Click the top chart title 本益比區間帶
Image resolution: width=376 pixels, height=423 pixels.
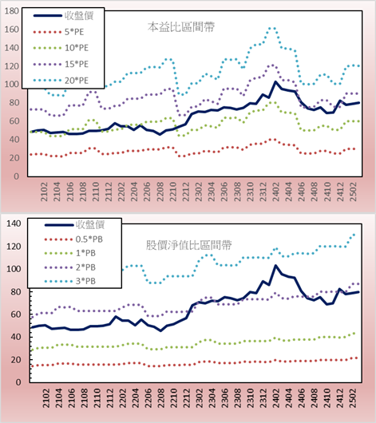(x=181, y=27)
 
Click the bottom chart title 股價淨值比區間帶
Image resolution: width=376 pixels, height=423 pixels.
(x=188, y=245)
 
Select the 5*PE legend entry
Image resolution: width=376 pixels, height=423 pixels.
(x=58, y=32)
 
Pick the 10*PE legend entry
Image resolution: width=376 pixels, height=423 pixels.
(x=61, y=48)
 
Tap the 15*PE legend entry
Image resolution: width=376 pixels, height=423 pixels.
(x=61, y=64)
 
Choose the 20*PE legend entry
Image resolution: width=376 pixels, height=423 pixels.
(x=61, y=81)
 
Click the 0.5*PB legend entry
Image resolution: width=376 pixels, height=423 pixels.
(x=73, y=239)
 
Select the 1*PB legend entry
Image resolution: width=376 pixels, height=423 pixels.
(x=70, y=253)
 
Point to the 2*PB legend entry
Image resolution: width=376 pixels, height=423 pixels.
(x=70, y=267)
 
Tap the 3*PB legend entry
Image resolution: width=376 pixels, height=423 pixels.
(x=70, y=281)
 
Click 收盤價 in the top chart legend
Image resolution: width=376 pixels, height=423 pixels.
(x=63, y=16)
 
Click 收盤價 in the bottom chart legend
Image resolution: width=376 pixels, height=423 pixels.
(x=74, y=224)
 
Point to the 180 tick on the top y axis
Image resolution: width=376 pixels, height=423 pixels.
(x=12, y=11)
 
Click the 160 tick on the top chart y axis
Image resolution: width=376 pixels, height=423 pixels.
(x=12, y=30)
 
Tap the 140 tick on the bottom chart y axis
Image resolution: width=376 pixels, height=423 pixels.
(x=14, y=223)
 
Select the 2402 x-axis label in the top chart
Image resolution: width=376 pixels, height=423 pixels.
(x=276, y=192)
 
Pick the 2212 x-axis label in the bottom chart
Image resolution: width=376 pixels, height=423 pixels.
(x=187, y=398)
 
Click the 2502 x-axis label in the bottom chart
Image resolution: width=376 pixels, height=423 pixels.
(x=353, y=398)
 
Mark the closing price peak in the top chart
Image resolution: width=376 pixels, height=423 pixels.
(x=275, y=81)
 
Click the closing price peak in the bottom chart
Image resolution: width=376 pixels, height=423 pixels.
(x=275, y=266)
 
